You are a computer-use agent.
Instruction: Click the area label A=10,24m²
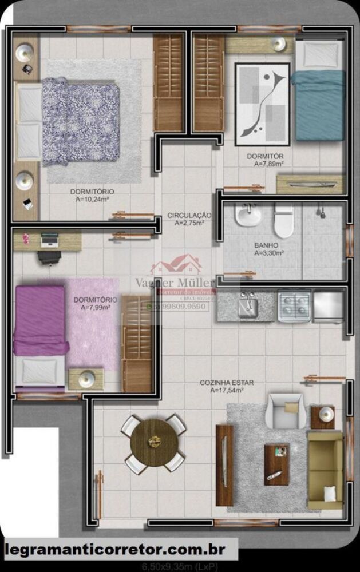(92, 200)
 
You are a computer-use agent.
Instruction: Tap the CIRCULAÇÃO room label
(189, 215)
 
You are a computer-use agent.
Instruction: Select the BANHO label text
(266, 245)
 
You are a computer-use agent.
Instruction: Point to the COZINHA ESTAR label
(227, 382)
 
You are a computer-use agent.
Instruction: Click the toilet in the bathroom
(283, 221)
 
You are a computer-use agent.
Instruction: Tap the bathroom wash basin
(248, 216)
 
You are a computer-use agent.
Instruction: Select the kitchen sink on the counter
(248, 305)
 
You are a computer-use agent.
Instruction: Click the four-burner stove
(294, 305)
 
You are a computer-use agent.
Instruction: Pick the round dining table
(153, 443)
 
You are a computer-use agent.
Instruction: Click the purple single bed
(40, 320)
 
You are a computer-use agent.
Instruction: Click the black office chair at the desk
(49, 256)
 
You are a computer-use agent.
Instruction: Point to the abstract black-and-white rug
(262, 104)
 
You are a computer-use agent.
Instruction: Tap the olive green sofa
(325, 469)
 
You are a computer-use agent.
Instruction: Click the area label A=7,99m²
(96, 308)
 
